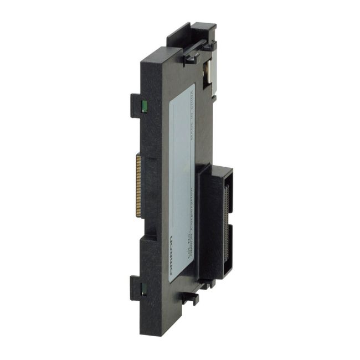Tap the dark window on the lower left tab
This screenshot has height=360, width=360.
coord(142,288)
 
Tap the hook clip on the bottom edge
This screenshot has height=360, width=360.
coord(188,299)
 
